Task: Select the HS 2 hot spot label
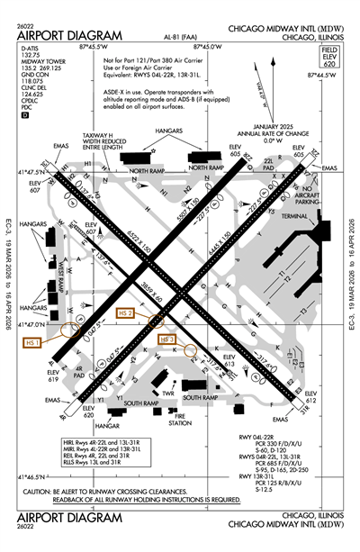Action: click(x=125, y=312)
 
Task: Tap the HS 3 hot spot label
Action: click(x=166, y=339)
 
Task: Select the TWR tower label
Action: click(x=167, y=392)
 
